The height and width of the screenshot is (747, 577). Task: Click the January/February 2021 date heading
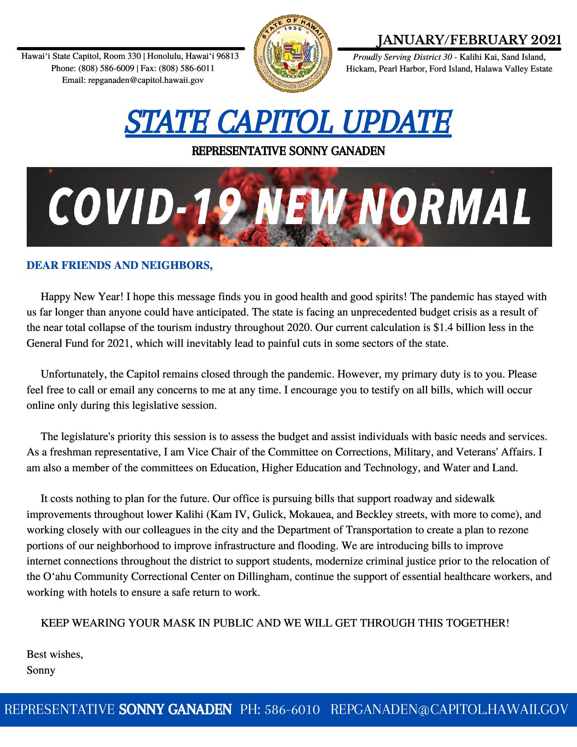[x=469, y=40]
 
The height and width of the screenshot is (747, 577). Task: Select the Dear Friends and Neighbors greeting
[x=119, y=266]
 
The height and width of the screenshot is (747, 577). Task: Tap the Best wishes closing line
[x=55, y=654]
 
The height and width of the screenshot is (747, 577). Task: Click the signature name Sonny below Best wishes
[x=41, y=670]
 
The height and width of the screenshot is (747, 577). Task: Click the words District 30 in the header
[x=434, y=57]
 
